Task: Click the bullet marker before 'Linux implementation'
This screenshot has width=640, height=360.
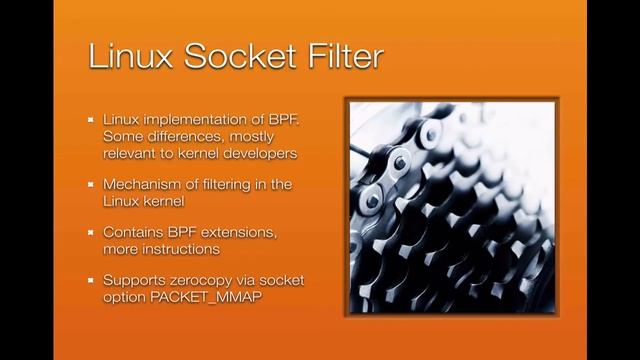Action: click(x=90, y=120)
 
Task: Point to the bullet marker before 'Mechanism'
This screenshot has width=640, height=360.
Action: click(x=90, y=185)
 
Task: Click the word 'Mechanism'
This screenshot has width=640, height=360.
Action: click(x=143, y=185)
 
